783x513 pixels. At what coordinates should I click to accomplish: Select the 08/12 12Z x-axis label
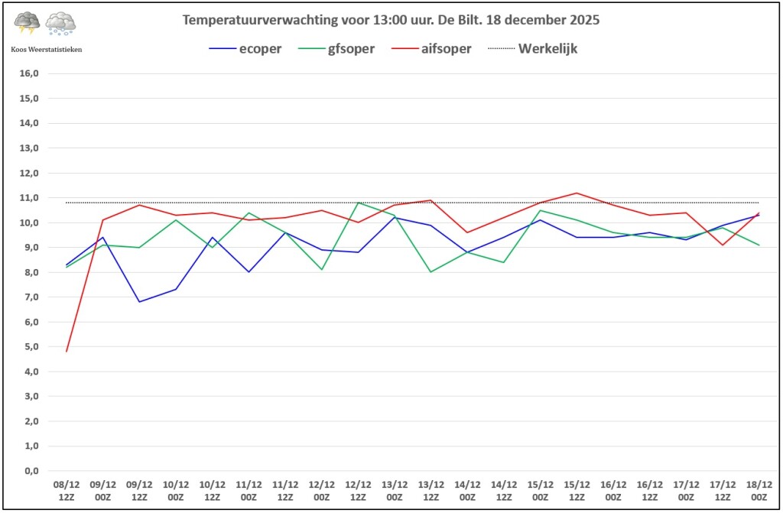click(67, 490)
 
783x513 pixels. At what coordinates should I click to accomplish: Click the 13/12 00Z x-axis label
click(395, 490)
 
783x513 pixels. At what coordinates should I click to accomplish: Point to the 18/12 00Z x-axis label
click(759, 490)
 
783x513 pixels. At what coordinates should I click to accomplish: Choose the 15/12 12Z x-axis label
click(577, 490)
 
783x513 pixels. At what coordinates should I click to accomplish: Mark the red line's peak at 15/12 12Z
click(577, 193)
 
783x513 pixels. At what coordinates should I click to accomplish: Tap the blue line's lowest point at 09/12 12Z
click(139, 302)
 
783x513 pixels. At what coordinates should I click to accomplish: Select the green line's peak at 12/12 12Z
click(358, 203)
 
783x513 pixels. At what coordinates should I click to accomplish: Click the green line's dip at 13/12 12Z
click(431, 272)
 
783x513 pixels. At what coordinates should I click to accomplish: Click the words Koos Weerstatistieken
click(46, 49)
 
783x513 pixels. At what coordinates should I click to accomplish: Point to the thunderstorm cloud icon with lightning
click(28, 24)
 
